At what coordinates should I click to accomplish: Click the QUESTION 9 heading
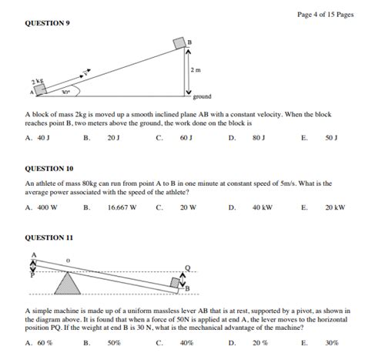point(47,23)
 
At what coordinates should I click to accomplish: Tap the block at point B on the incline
point(179,43)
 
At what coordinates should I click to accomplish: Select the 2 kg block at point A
point(40,89)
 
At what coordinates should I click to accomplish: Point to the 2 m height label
point(196,70)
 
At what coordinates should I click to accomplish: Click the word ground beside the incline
point(202,96)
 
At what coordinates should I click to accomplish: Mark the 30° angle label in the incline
point(66,92)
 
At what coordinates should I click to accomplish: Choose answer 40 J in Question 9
point(44,138)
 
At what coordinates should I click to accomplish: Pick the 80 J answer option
point(259,138)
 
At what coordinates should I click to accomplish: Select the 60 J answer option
point(186,138)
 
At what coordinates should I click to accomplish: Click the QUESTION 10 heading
point(49,169)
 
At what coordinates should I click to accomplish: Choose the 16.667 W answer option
point(122,207)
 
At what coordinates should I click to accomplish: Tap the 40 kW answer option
point(263,207)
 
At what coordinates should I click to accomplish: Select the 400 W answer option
point(48,207)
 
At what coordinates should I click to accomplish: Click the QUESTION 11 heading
point(49,237)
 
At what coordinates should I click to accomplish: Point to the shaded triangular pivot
point(68,285)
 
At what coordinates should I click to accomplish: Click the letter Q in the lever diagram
point(188,268)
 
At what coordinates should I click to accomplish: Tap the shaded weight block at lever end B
point(176,283)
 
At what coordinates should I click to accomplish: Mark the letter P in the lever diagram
point(32,275)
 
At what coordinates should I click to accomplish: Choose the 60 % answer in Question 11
point(45,343)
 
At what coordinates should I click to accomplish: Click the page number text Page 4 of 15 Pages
point(326,15)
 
